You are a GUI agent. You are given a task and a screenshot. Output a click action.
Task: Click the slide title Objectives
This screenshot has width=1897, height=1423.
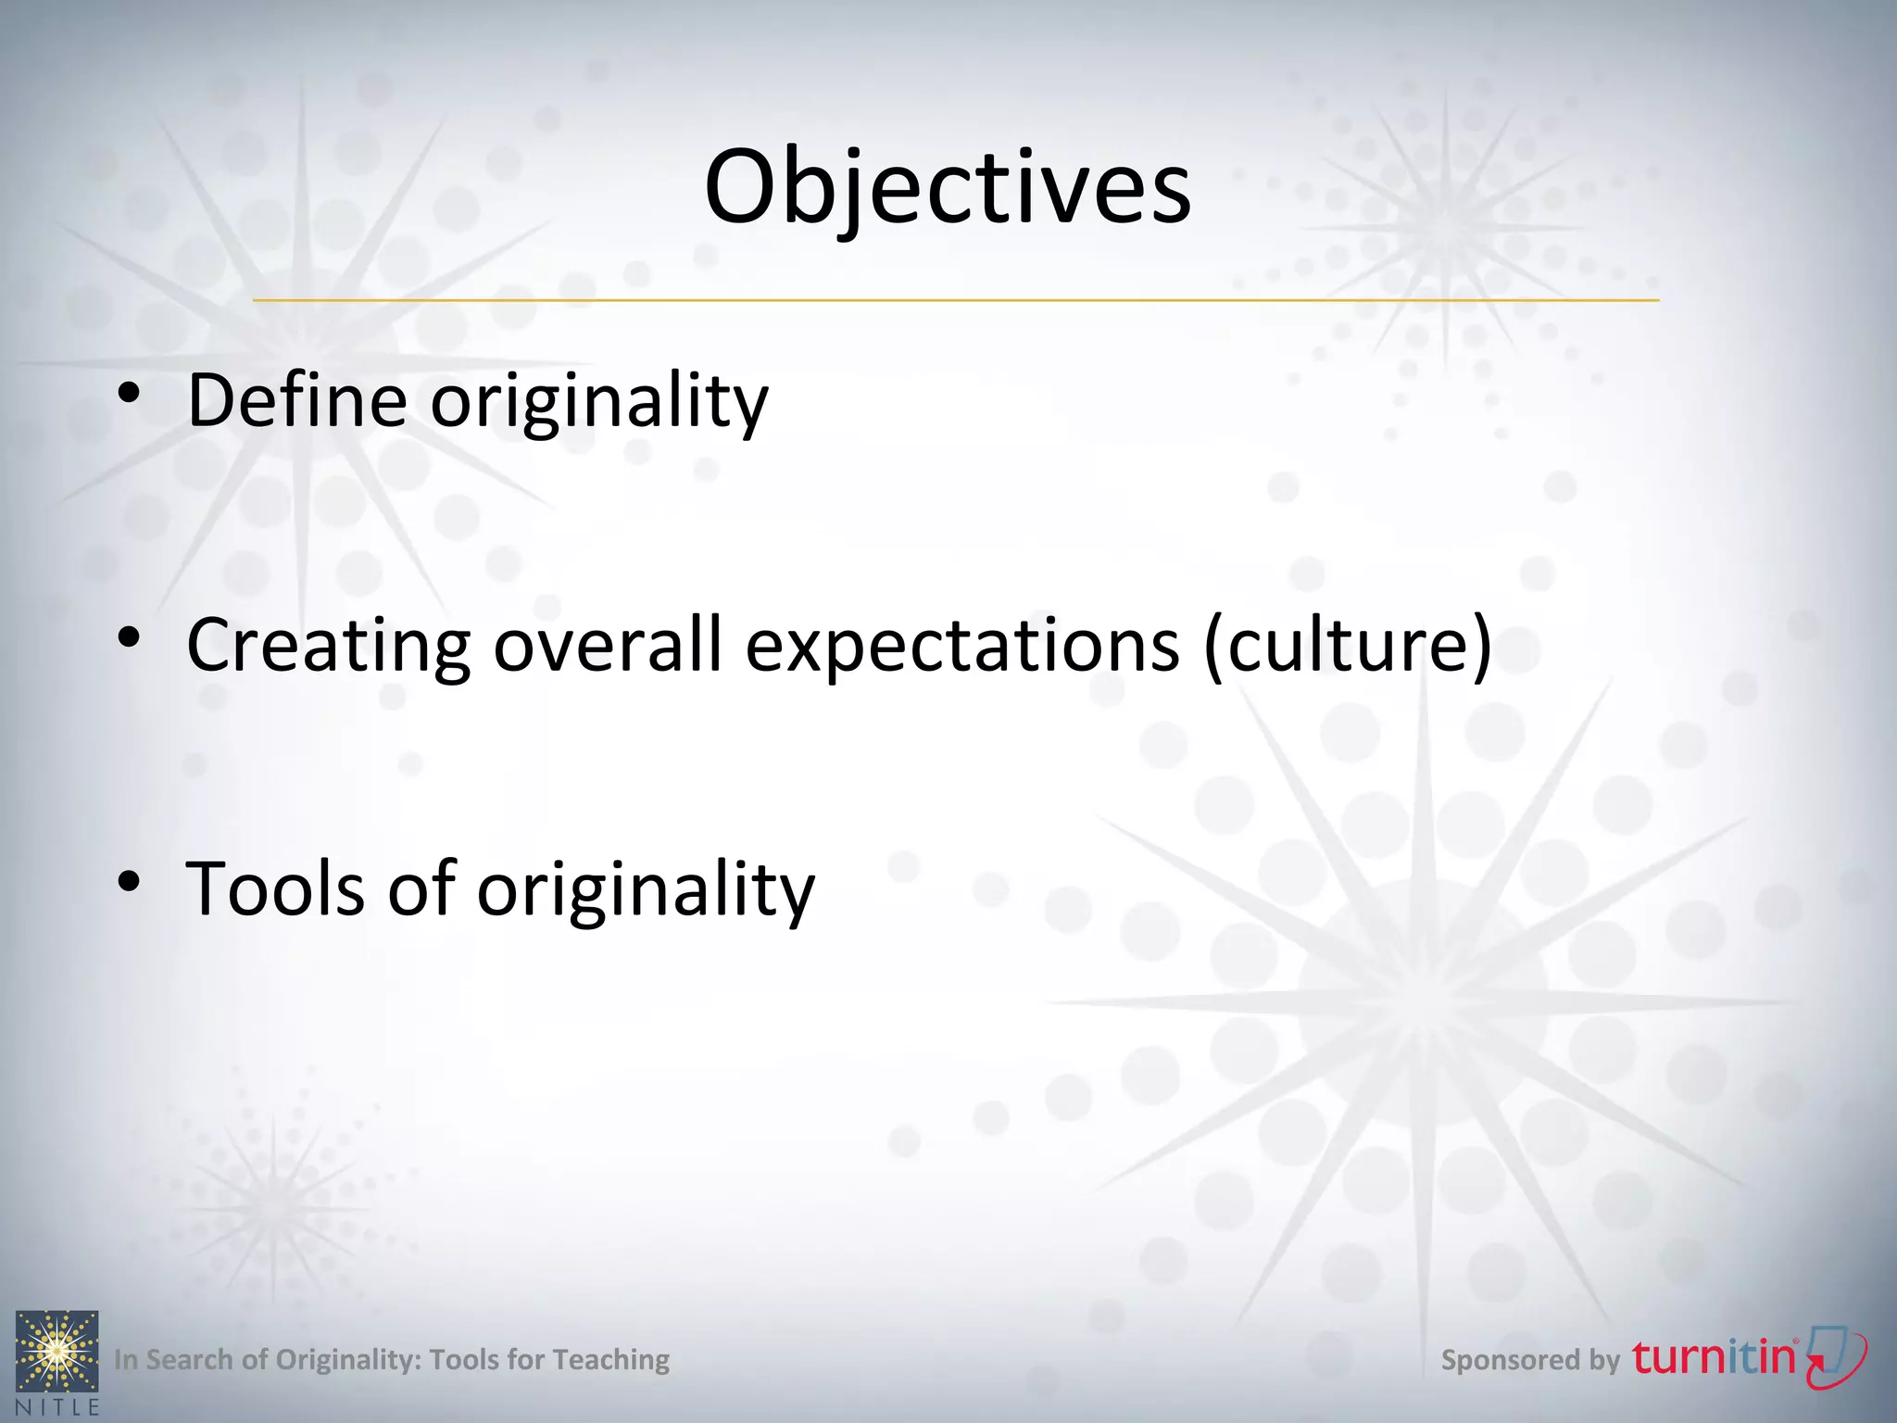(948, 188)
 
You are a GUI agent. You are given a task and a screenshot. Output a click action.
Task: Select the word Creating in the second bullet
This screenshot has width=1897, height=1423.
(329, 646)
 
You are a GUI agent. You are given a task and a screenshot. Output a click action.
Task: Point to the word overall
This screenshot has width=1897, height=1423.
(607, 646)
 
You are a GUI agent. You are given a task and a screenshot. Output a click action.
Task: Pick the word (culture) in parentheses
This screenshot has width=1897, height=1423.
(1349, 646)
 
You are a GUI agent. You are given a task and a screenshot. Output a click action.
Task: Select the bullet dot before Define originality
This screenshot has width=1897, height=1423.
(129, 394)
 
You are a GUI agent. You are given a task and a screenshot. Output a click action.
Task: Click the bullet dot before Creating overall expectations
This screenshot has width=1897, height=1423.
(129, 637)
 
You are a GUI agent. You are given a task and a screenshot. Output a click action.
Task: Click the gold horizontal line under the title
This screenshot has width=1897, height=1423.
(955, 300)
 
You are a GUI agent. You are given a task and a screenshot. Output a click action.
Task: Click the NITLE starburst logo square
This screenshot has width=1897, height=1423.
(57, 1351)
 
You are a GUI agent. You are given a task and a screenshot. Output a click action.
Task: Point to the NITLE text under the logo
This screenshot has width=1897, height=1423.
(57, 1407)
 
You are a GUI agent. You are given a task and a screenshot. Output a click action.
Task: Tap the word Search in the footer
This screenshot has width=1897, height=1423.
(189, 1360)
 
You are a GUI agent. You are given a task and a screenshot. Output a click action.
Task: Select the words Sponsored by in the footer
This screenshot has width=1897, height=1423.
(1530, 1360)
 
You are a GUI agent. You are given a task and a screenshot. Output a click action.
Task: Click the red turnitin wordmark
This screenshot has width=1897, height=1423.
(1715, 1358)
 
